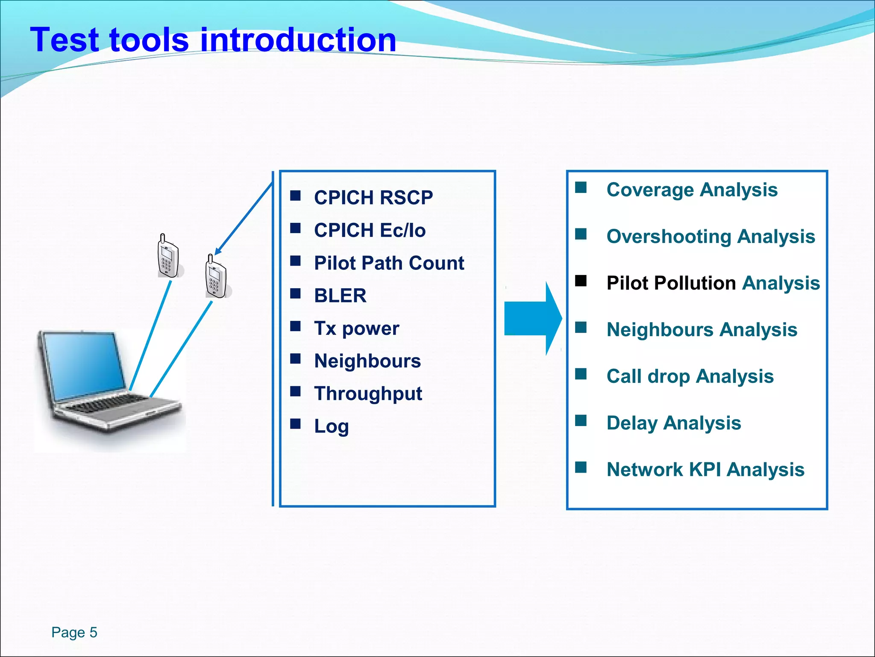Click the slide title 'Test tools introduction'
pyautogui.click(x=213, y=40)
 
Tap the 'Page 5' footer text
pyautogui.click(x=74, y=632)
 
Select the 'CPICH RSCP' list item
pyautogui.click(x=373, y=198)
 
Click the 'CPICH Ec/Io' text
pyautogui.click(x=370, y=231)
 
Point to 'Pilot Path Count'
pyautogui.click(x=389, y=263)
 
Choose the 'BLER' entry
pyautogui.click(x=340, y=296)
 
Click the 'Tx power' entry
pyautogui.click(x=356, y=328)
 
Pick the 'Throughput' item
pyautogui.click(x=368, y=394)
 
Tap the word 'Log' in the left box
pyautogui.click(x=331, y=426)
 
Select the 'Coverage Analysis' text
pyautogui.click(x=692, y=189)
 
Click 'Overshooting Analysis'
pyautogui.click(x=711, y=237)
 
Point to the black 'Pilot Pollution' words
pyautogui.click(x=671, y=283)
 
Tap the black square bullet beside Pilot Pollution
pyautogui.click(x=581, y=281)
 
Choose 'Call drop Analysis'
pyautogui.click(x=690, y=376)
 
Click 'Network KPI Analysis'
pyautogui.click(x=705, y=470)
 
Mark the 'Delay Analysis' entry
pyautogui.click(x=673, y=423)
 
